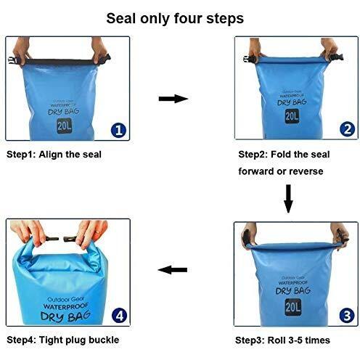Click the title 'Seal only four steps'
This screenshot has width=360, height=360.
click(x=175, y=19)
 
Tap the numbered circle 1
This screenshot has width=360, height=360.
click(x=118, y=130)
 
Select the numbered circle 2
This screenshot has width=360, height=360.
click(x=347, y=129)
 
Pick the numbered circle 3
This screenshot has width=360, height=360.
click(x=347, y=316)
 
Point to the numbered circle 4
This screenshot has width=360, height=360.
click(x=120, y=316)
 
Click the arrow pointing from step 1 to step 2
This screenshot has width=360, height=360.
click(x=173, y=99)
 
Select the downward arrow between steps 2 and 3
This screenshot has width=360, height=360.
click(x=288, y=199)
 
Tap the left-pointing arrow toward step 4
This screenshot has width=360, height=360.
click(x=173, y=270)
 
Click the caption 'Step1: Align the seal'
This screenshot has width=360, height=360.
click(x=54, y=155)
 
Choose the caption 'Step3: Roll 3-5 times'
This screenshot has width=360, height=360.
click(x=282, y=340)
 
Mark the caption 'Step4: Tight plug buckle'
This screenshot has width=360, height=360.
click(x=63, y=340)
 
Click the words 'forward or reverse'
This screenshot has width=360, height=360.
click(x=281, y=171)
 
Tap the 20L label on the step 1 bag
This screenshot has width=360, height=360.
click(x=64, y=126)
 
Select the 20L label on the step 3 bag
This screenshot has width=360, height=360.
click(x=293, y=307)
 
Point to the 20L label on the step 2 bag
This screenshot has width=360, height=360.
click(x=292, y=116)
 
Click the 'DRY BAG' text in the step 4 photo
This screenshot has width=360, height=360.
click(x=65, y=316)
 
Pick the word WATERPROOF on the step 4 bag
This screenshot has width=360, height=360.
click(x=65, y=306)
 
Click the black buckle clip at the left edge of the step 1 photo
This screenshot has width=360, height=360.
click(x=12, y=60)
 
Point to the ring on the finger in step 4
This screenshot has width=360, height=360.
click(x=97, y=232)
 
